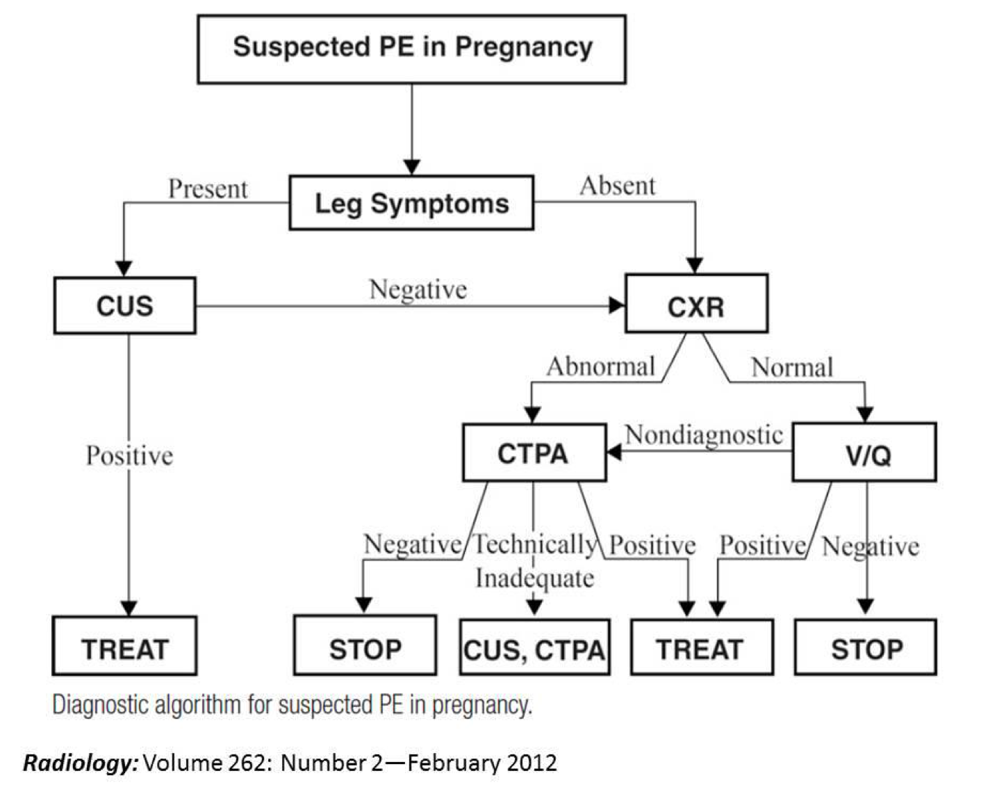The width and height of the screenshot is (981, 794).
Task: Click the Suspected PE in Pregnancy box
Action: click(411, 49)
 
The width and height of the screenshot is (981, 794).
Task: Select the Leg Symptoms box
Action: click(411, 203)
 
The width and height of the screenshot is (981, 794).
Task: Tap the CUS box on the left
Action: click(125, 306)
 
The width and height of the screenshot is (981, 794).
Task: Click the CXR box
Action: click(696, 305)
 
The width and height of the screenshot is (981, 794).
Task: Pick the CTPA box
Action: click(534, 453)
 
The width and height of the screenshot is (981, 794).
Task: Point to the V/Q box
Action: click(864, 453)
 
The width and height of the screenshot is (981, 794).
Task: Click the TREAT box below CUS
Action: click(125, 647)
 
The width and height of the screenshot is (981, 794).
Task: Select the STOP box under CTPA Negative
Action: click(365, 647)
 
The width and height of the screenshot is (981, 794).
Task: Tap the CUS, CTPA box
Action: click(534, 649)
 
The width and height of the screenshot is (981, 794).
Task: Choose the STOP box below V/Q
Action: click(866, 648)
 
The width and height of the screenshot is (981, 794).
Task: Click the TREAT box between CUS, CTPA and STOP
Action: click(701, 648)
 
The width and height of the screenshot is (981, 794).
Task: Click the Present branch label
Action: click(208, 189)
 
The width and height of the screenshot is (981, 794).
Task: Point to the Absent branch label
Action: click(618, 186)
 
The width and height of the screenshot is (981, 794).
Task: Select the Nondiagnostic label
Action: click(704, 435)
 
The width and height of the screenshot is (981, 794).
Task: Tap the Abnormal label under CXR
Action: click(601, 366)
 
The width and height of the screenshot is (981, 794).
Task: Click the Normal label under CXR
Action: click(792, 367)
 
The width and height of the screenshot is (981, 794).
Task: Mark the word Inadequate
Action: click(535, 578)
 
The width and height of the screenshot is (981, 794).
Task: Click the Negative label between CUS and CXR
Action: click(418, 289)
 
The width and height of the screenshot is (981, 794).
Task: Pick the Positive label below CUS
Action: click(130, 456)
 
